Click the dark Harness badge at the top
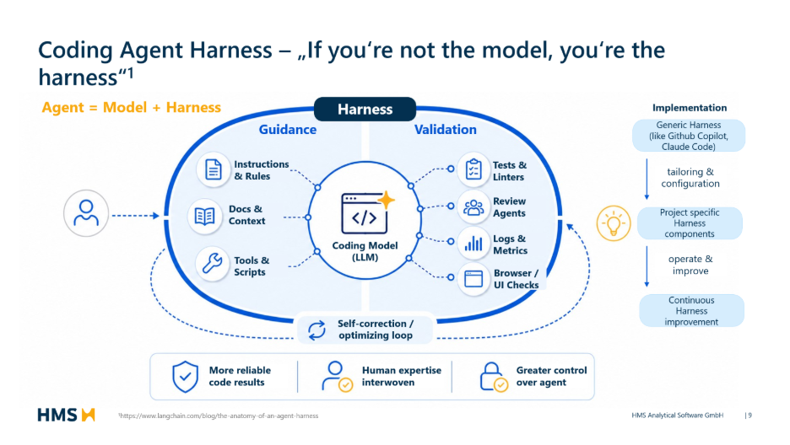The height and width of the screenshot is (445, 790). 365,109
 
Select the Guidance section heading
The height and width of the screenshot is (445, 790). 288,130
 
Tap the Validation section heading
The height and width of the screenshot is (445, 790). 446,130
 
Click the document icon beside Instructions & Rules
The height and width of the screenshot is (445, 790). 214,169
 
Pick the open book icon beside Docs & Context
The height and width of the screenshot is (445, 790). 204,217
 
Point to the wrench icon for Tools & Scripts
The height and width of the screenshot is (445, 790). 212,263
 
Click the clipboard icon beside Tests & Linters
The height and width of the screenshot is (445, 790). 473,169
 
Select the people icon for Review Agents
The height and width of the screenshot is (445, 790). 473,207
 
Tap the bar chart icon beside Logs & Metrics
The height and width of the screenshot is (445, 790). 473,244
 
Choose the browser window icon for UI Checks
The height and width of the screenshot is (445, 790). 473,279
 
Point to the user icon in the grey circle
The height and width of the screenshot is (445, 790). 86,212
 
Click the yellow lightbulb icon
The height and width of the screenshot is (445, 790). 613,223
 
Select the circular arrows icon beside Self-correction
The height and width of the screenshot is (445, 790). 317,330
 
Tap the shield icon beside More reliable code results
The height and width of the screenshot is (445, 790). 186,377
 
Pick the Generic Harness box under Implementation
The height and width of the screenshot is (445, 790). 689,136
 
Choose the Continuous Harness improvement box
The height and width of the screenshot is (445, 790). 691,311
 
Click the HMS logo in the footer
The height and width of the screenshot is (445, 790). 67,415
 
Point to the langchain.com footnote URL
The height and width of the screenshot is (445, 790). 218,416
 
